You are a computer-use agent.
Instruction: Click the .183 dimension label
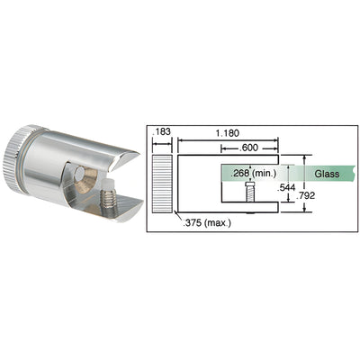[x=161, y=131]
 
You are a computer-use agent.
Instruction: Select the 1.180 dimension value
[x=229, y=131]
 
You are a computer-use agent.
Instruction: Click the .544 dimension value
[x=287, y=187]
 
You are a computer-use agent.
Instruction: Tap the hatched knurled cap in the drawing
[x=160, y=183]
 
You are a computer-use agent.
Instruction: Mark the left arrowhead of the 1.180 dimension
[x=180, y=139]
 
